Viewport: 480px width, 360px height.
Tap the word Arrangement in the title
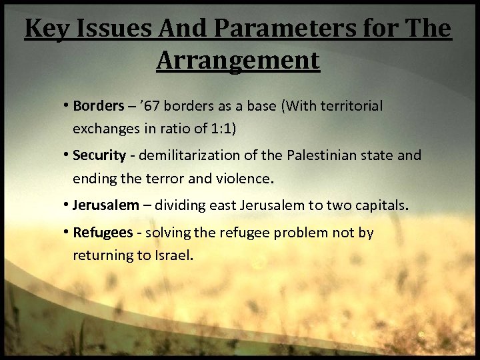[238, 61]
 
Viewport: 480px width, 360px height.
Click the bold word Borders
[99, 106]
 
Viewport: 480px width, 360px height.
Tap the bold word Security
[99, 155]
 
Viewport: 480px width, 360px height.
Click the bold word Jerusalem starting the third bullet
[107, 205]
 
